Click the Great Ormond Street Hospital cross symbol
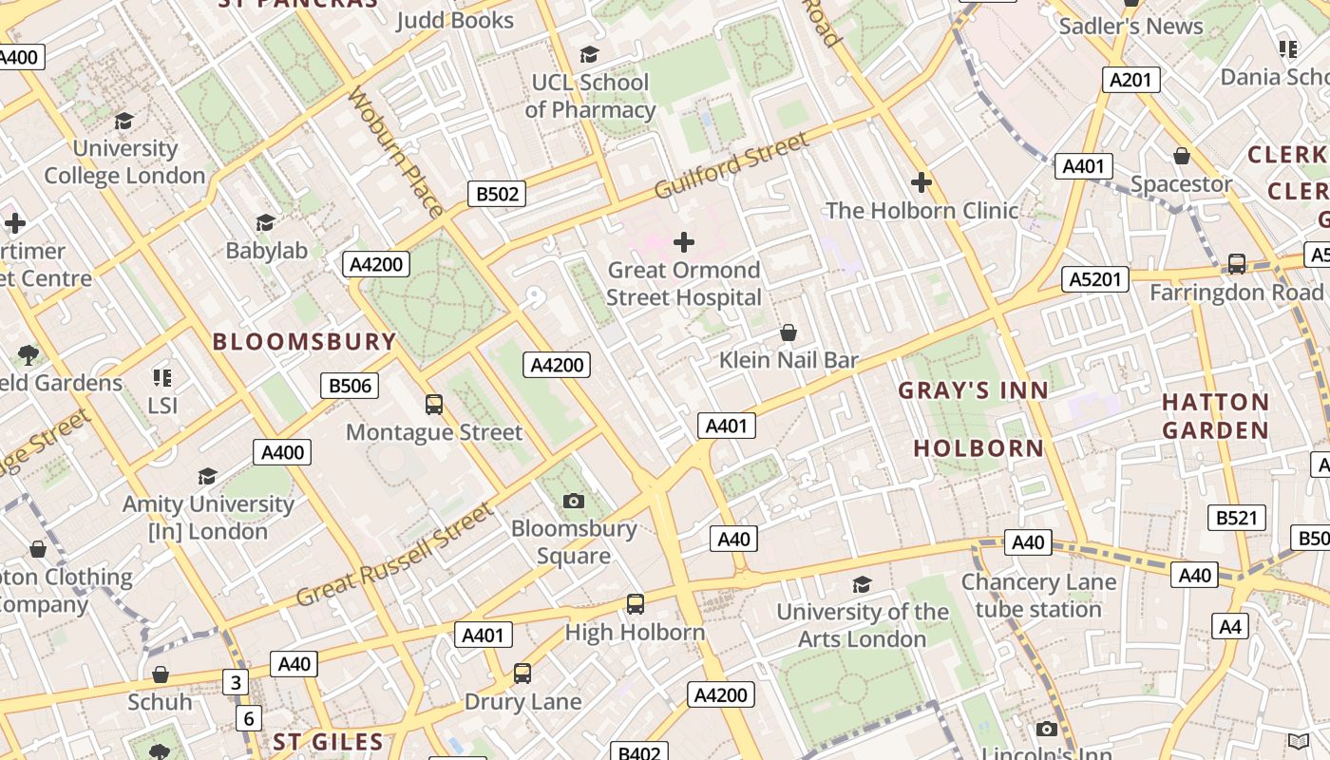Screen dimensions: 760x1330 coord(683,242)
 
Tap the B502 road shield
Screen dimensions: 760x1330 coord(497,195)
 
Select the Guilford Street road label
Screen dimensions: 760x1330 coord(731,165)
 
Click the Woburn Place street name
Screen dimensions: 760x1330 coord(395,152)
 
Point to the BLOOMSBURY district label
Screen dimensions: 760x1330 coord(304,342)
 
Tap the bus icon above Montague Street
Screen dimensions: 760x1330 coord(434,405)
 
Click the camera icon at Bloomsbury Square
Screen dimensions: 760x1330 coord(574,501)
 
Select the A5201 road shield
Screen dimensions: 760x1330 coord(1095,279)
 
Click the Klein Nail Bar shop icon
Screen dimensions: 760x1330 coord(788,332)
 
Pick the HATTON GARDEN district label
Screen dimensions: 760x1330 coord(1215,416)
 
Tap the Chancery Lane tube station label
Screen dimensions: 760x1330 coord(1038,596)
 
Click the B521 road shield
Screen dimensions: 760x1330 coord(1237,518)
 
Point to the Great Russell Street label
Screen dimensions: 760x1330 coord(395,556)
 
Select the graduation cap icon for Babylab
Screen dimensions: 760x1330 coord(266,222)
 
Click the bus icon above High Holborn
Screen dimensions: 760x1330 coord(635,604)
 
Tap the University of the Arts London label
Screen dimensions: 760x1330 coord(863,625)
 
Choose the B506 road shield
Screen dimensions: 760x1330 coord(350,386)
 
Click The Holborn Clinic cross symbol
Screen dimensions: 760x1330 coord(921,182)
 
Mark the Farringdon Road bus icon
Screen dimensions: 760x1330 coord(1237,264)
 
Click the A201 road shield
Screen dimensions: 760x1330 coord(1130,80)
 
